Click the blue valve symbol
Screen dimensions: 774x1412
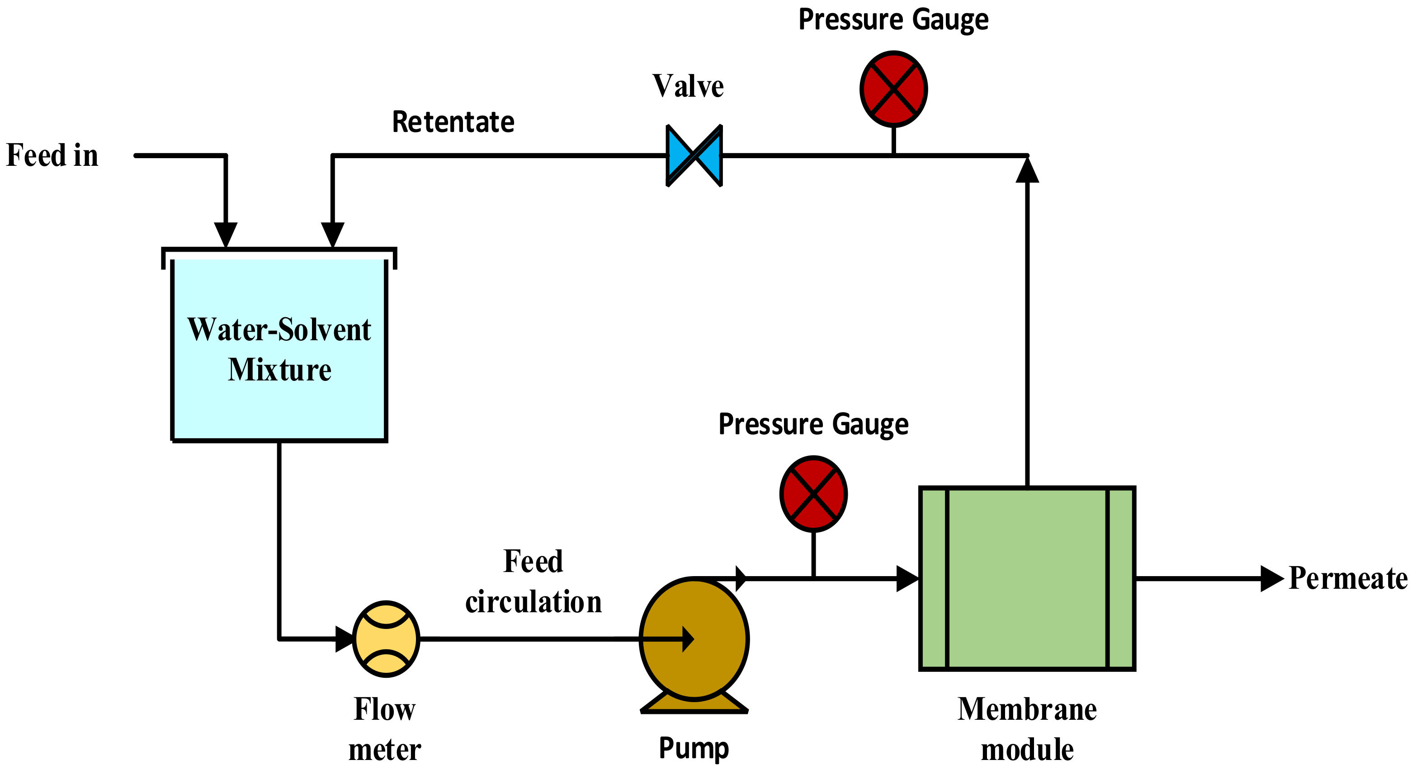coord(694,155)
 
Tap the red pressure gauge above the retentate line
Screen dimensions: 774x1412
coord(893,89)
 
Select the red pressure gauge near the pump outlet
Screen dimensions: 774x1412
coord(813,493)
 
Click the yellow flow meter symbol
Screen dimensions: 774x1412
coord(386,639)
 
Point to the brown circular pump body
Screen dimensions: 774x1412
coord(694,639)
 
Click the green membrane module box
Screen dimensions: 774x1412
coord(1027,578)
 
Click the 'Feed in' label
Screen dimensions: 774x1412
coord(52,155)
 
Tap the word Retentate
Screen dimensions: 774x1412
coord(453,122)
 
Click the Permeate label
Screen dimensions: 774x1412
coord(1347,578)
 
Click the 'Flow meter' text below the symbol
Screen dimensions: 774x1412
coord(384,728)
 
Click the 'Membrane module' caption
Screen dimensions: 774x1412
coord(1027,728)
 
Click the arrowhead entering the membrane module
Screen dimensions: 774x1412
coord(907,578)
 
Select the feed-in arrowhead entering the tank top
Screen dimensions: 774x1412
coord(225,234)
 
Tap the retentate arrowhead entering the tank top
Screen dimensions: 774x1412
coord(332,234)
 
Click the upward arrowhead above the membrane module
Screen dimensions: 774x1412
coord(1027,170)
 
